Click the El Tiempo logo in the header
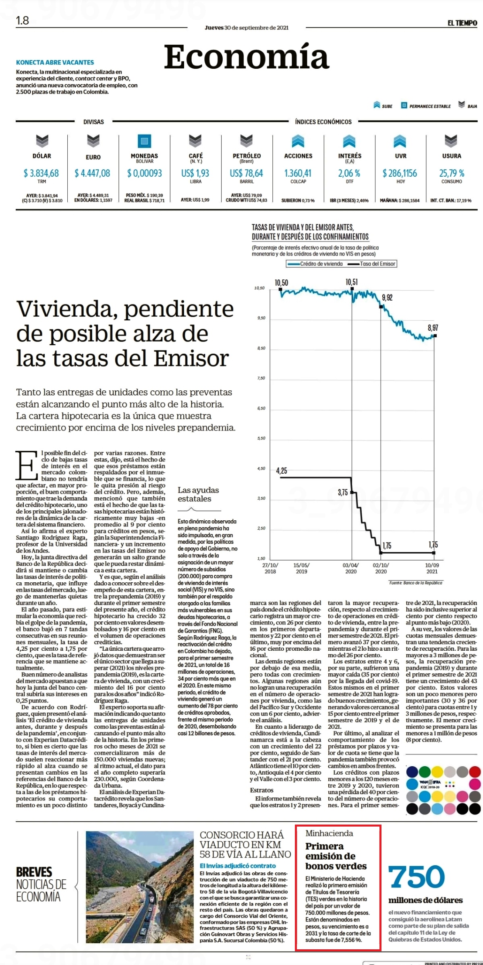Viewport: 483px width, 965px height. tap(462, 23)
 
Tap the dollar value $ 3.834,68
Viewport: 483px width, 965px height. tap(41, 173)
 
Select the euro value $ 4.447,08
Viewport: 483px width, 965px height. tap(92, 173)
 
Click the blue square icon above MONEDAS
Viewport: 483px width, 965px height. tap(144, 141)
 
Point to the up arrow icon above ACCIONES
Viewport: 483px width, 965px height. tap(298, 141)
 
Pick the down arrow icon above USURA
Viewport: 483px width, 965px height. tap(451, 141)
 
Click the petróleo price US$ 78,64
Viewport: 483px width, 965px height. tap(246, 173)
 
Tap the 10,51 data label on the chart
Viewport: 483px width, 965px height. tap(352, 282)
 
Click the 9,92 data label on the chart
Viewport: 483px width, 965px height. tap(387, 297)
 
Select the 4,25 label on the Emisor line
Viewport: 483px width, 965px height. tap(282, 470)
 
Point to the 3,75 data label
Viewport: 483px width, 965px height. tap(343, 492)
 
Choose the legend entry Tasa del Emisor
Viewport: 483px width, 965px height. tap(373, 264)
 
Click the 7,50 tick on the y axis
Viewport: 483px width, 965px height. tap(261, 378)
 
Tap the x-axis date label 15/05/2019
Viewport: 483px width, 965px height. tap(301, 568)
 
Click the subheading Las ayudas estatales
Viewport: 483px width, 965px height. tap(199, 494)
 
